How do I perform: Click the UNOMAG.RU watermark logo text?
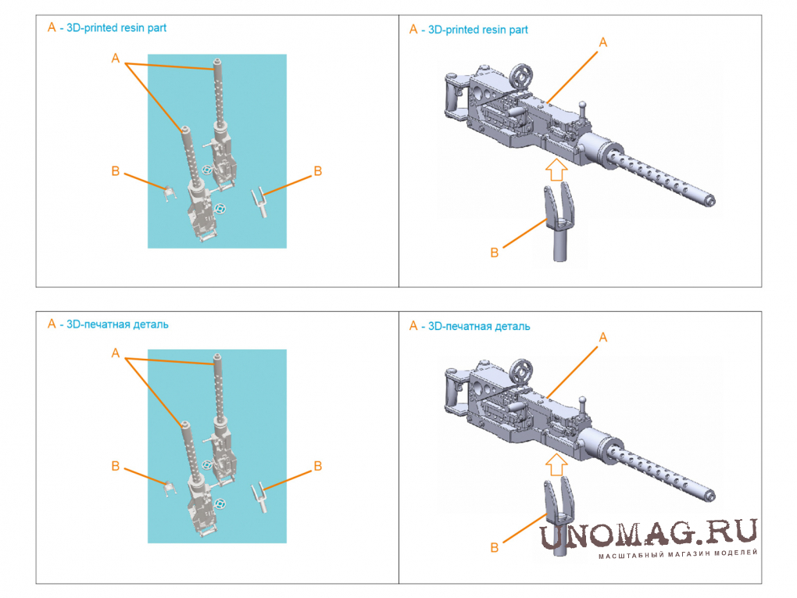(649, 534)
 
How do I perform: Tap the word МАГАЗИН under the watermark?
(689, 553)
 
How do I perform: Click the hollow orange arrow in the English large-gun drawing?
(556, 170)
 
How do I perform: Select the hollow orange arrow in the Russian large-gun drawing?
(556, 465)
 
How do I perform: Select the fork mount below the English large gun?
(559, 223)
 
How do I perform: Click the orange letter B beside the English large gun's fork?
(494, 252)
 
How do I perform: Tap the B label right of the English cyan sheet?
(318, 171)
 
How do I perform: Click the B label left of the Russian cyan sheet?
(116, 467)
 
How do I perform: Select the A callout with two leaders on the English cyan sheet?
(116, 59)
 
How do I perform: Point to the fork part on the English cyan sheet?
(259, 202)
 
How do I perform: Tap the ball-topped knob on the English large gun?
(583, 109)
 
